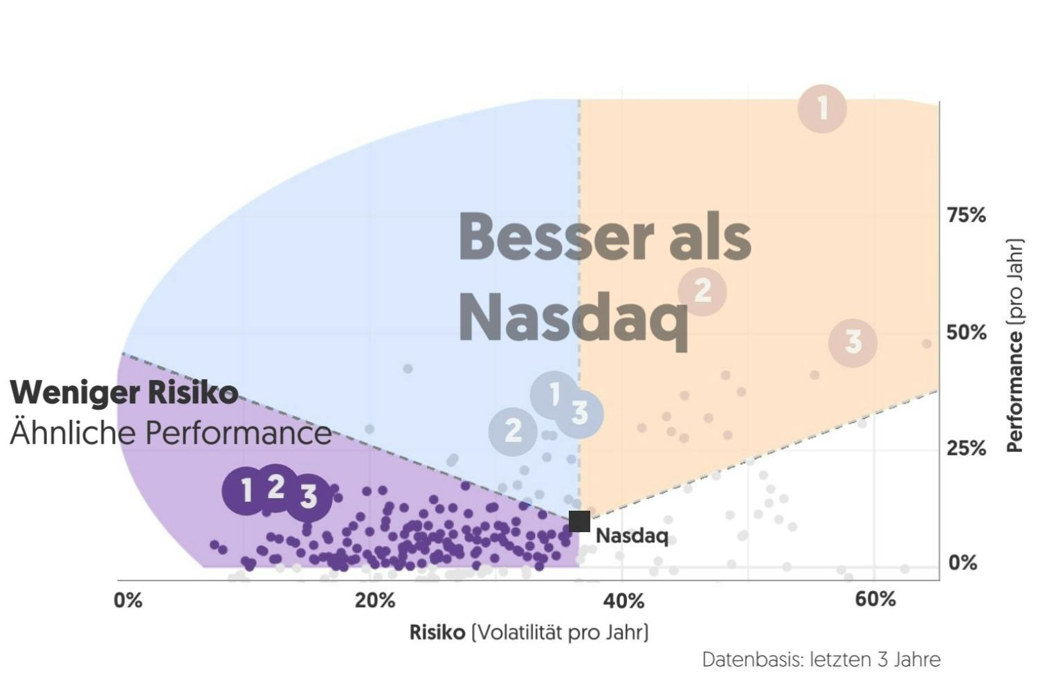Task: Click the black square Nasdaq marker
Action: click(x=579, y=521)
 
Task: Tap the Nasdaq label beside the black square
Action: click(x=632, y=536)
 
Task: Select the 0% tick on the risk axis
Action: click(x=128, y=600)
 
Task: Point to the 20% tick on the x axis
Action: click(x=375, y=600)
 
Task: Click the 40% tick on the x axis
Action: click(x=623, y=600)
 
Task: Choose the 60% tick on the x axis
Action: click(x=875, y=599)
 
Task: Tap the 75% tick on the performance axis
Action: click(x=966, y=215)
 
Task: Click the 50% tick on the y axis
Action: click(x=966, y=333)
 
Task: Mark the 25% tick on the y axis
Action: click(x=966, y=448)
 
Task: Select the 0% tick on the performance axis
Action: click(x=963, y=563)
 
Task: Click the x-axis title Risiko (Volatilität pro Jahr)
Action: click(x=529, y=632)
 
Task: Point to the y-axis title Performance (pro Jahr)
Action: click(x=1014, y=346)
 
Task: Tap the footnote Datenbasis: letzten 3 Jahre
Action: click(x=821, y=659)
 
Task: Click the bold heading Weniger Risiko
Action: click(x=124, y=392)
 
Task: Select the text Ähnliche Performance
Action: click(x=170, y=433)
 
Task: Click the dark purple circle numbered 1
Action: click(x=246, y=491)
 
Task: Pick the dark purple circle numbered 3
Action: click(x=308, y=495)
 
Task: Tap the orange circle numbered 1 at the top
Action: click(x=822, y=108)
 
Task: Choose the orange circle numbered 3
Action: click(x=853, y=342)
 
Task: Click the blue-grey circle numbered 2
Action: click(x=513, y=431)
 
